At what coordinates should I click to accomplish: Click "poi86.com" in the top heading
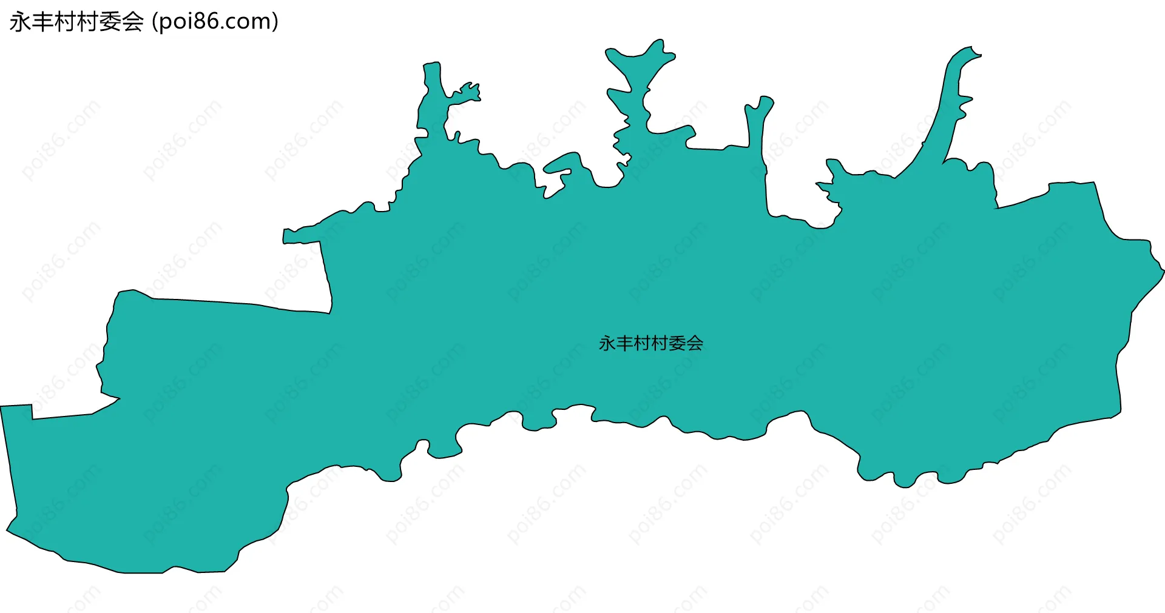pyautogui.click(x=215, y=22)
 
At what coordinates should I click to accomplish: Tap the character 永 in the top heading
pyautogui.click(x=19, y=22)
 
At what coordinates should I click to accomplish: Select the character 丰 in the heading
pyautogui.click(x=42, y=22)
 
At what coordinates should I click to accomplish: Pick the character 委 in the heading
pyautogui.click(x=110, y=22)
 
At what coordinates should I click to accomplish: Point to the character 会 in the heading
pyautogui.click(x=132, y=22)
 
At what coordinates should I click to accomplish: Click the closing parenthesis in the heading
pyautogui.click(x=275, y=22)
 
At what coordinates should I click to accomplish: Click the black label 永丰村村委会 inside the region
pyautogui.click(x=650, y=344)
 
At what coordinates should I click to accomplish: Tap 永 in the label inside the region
pyautogui.click(x=607, y=344)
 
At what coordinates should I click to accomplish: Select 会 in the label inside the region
pyautogui.click(x=695, y=344)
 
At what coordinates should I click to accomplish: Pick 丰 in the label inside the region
pyautogui.click(x=624, y=344)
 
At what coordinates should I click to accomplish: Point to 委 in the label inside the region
pyautogui.click(x=677, y=344)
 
